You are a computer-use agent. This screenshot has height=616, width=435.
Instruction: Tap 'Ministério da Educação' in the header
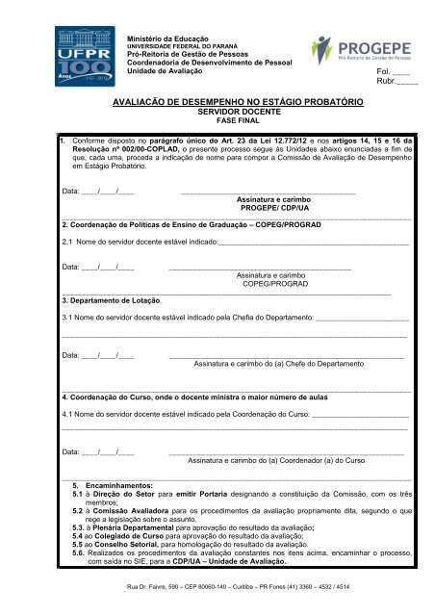[169, 37]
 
